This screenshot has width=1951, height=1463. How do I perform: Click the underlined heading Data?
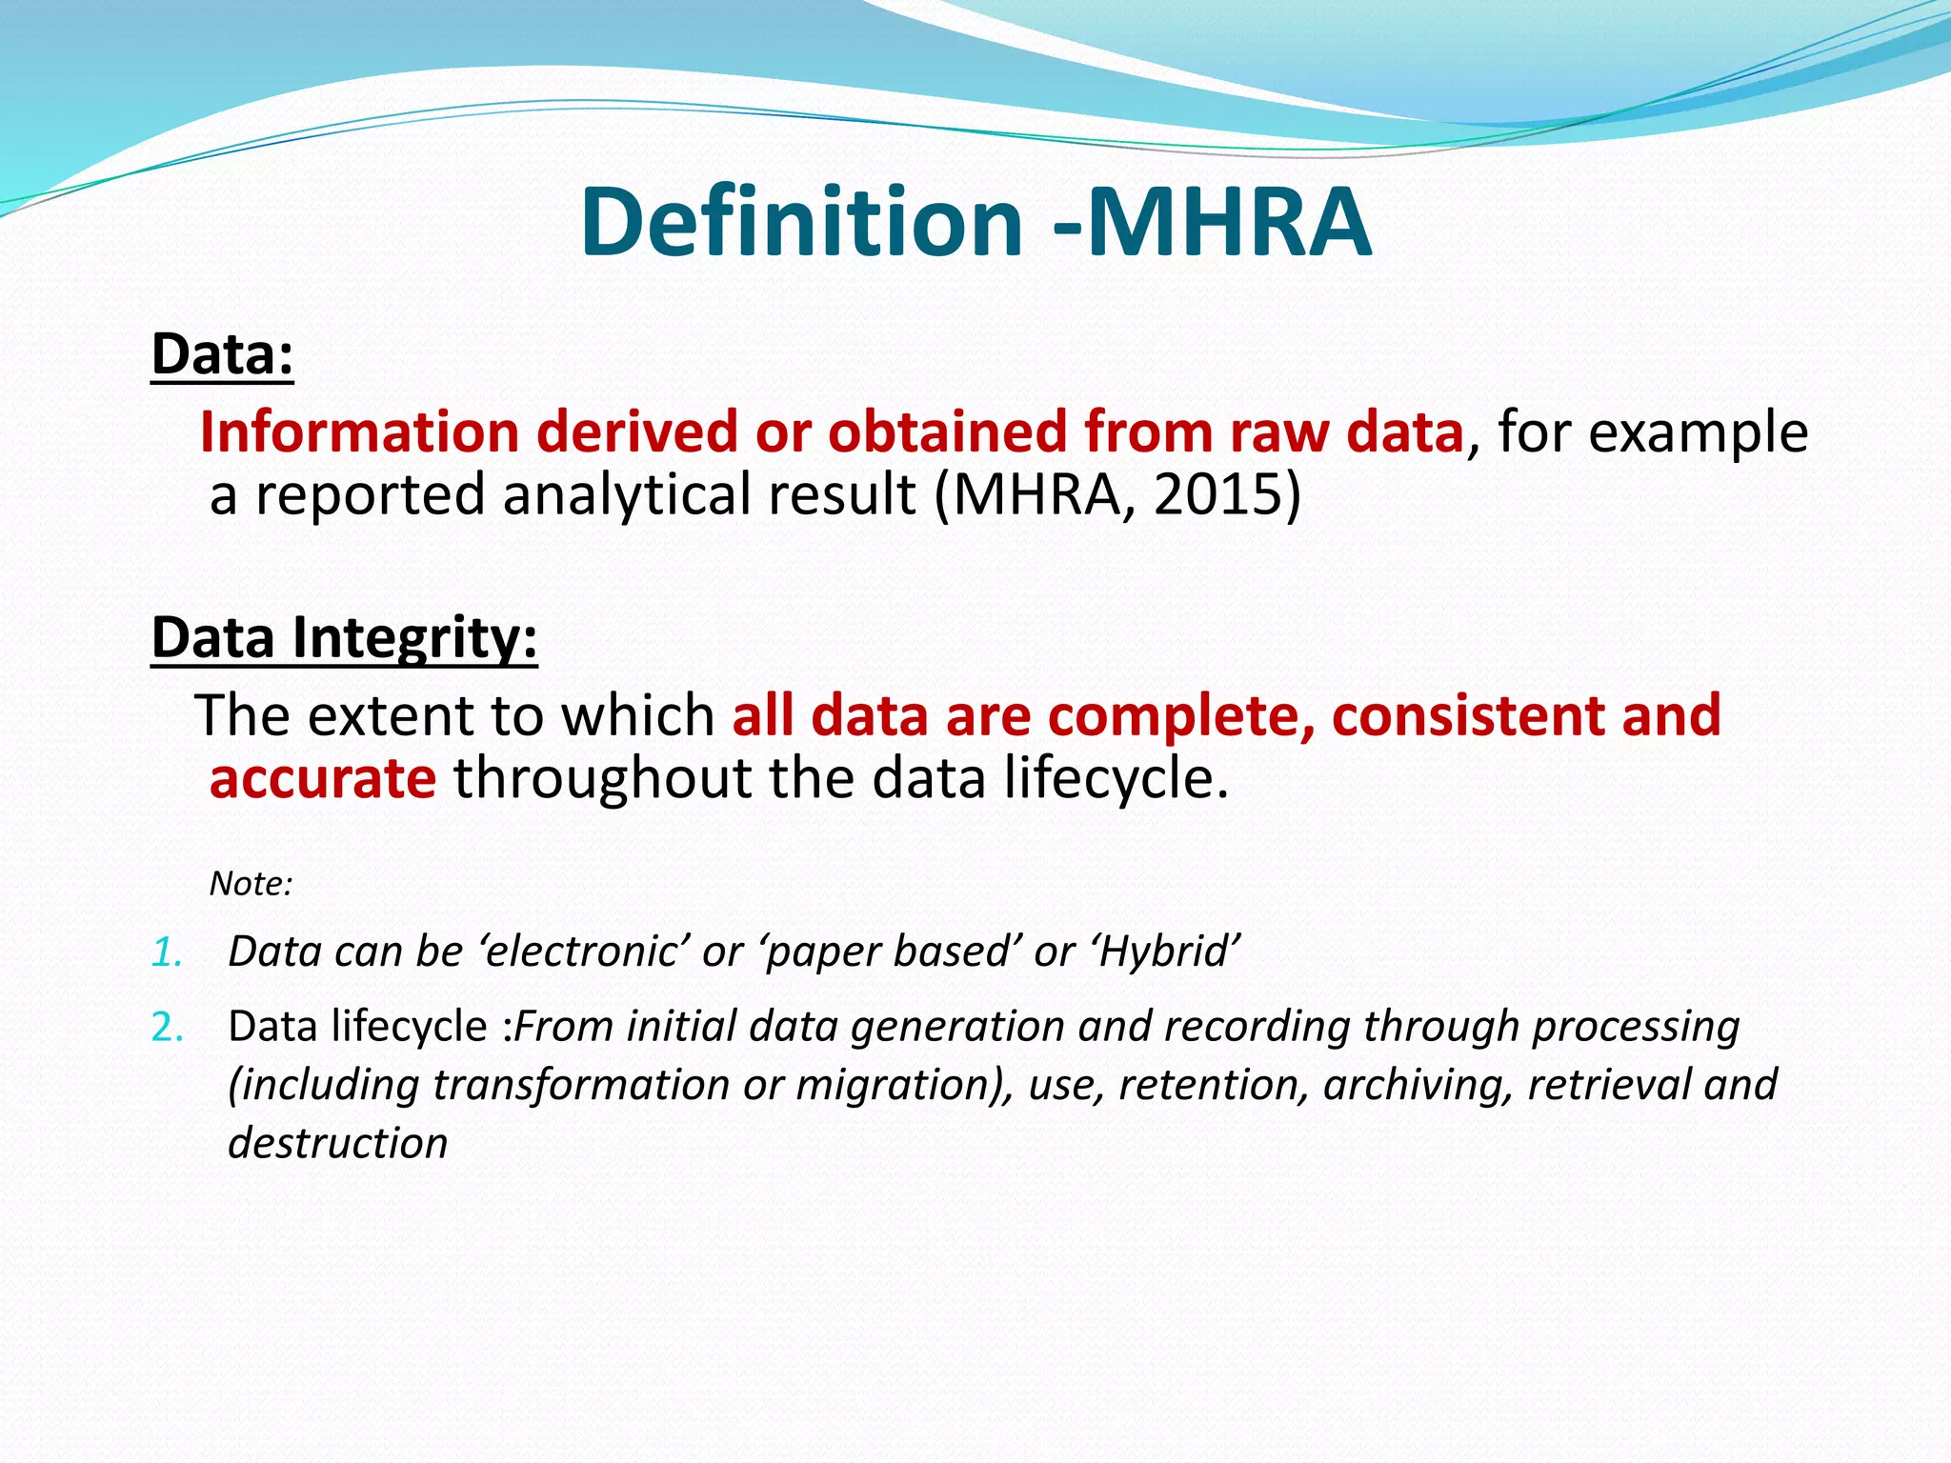[222, 354]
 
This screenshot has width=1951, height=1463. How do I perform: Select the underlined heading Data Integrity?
[344, 637]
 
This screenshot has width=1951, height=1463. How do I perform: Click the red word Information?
[359, 431]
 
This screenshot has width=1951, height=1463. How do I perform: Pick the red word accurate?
[322, 778]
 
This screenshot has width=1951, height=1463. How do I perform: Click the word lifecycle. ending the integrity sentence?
[1115, 778]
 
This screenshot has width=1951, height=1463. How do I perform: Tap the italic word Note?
[251, 884]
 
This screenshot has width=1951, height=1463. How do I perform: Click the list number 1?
[167, 952]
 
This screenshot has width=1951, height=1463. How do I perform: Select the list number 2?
[168, 1028]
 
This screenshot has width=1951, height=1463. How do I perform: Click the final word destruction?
[337, 1143]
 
